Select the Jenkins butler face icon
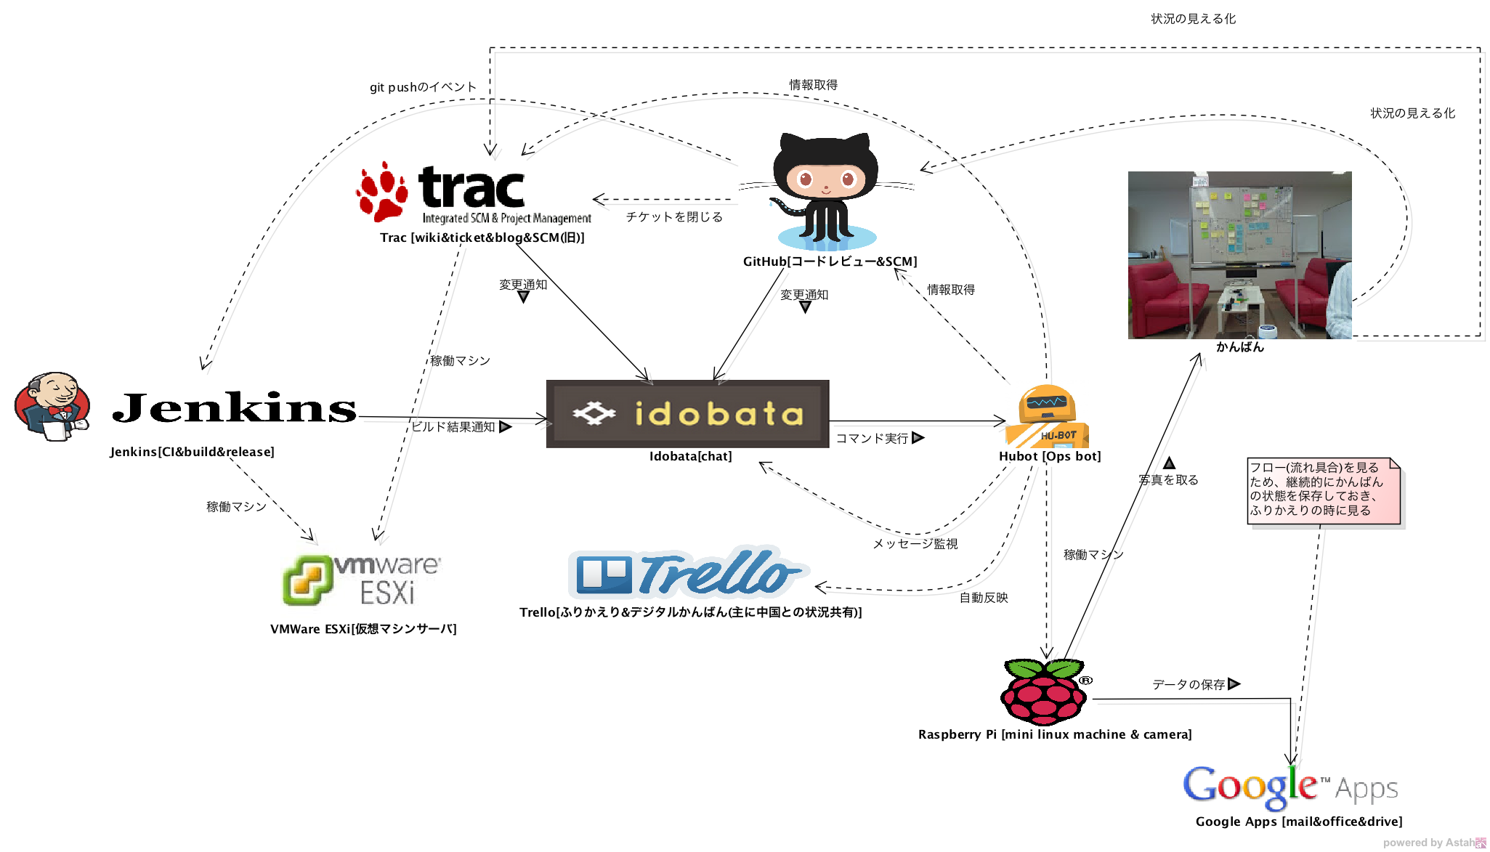52,406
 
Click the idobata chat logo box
687,413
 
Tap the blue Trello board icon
604,575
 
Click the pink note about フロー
1323,490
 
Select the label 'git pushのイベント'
423,87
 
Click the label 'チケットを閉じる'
674,217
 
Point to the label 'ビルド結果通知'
453,427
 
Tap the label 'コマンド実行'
872,439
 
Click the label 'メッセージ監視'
915,544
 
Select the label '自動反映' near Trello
984,598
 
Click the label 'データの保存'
1189,685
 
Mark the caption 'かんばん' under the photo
1240,347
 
